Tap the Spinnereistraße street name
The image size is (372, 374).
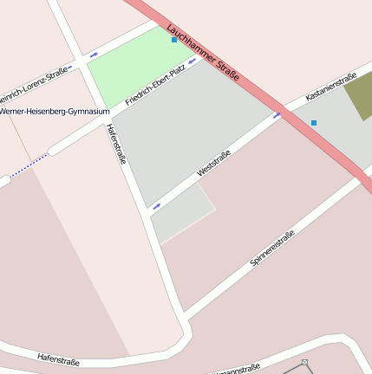tap(272, 247)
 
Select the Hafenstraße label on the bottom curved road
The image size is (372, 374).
tap(59, 358)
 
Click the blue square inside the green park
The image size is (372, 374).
tap(174, 40)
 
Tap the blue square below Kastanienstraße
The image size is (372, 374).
tap(314, 123)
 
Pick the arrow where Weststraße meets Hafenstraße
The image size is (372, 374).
tap(157, 206)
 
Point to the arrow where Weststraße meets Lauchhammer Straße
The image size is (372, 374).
tap(277, 113)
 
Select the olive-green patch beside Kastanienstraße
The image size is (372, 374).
tap(360, 96)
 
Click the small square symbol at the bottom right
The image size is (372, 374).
tap(305, 362)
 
